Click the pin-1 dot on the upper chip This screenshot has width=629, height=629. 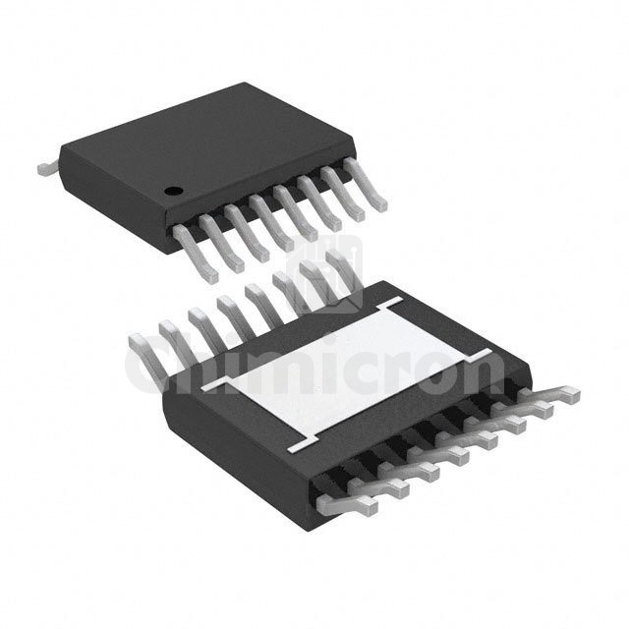(x=172, y=189)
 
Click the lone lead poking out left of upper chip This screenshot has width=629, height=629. (x=46, y=169)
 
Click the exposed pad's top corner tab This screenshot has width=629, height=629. (x=393, y=299)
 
